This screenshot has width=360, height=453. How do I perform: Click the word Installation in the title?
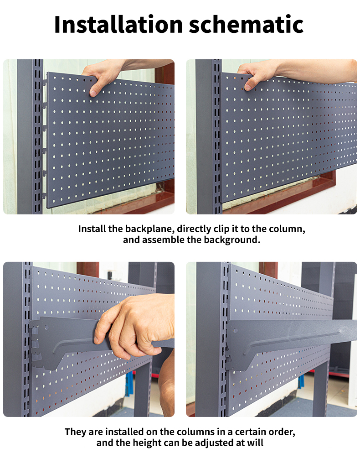tap(118, 24)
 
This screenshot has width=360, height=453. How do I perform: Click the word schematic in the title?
tap(246, 24)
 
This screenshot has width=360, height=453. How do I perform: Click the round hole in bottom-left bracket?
tap(46, 328)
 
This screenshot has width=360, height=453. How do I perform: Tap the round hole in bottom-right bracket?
tap(236, 330)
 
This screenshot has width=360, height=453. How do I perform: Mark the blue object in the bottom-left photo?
tap(129, 384)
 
